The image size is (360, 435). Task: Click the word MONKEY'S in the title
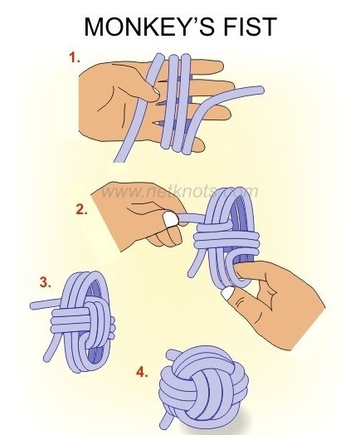[x=149, y=27]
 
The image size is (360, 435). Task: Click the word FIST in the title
[x=251, y=27]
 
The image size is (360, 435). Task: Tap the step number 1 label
[x=75, y=58]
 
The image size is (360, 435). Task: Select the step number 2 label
[x=81, y=209]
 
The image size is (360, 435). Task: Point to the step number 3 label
[x=45, y=282]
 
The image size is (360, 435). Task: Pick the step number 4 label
[x=142, y=372]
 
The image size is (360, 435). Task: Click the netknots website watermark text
[x=179, y=192]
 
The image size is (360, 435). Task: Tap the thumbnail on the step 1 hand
[x=155, y=90]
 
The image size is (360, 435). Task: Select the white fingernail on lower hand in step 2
[x=229, y=293]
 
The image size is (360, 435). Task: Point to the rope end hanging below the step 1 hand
[x=118, y=159]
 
